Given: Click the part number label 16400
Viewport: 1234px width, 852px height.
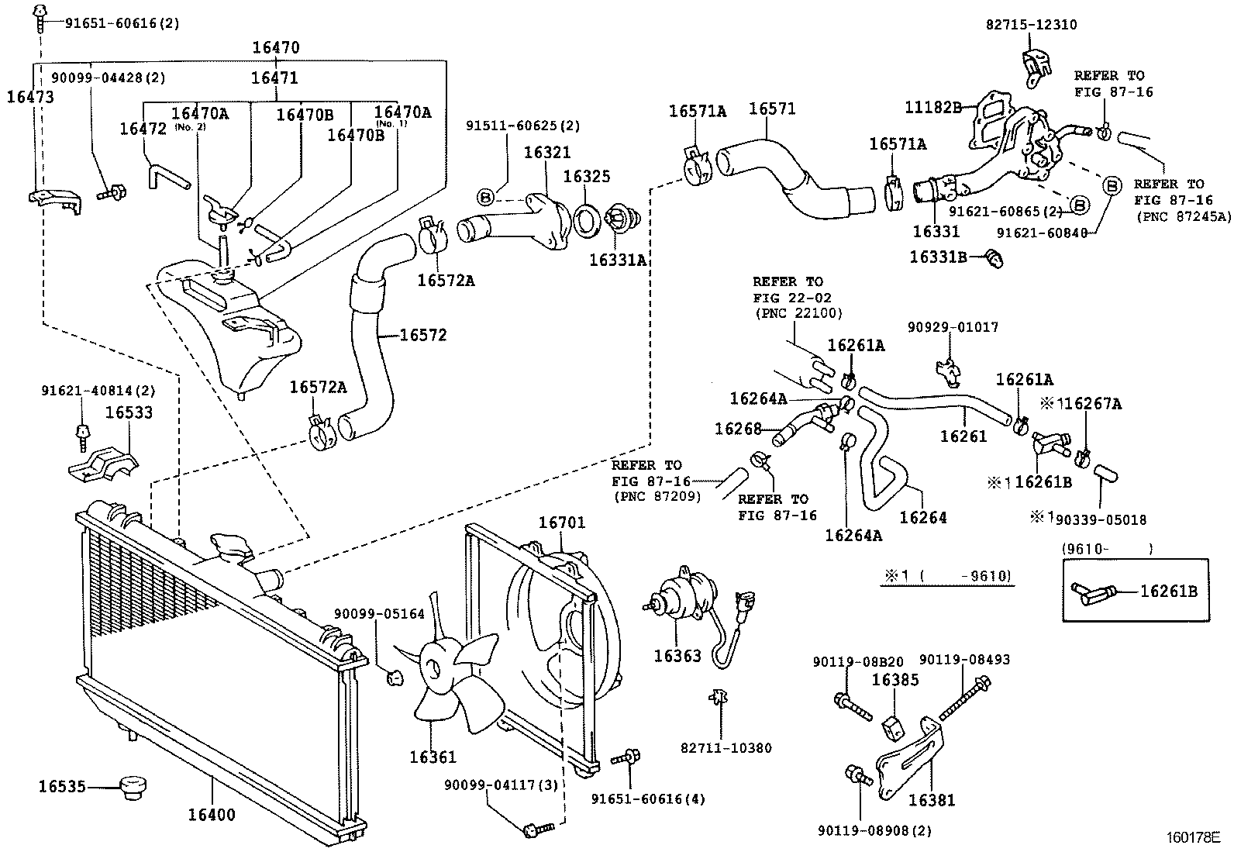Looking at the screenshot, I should click(x=211, y=815).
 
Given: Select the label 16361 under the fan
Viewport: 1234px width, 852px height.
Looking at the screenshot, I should click(x=433, y=757).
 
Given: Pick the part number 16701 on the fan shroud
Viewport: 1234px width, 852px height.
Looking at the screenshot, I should click(x=562, y=523).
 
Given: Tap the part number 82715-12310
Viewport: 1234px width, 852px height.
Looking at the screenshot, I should click(x=1031, y=25).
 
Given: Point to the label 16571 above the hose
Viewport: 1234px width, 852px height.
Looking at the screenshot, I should click(x=772, y=109).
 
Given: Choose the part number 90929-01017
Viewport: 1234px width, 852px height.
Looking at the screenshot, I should click(x=953, y=328).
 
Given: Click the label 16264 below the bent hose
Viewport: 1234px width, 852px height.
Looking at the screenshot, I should click(x=923, y=517).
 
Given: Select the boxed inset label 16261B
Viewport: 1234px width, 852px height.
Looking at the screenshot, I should click(x=1168, y=592).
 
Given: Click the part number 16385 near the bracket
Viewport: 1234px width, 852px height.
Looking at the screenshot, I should click(x=895, y=680).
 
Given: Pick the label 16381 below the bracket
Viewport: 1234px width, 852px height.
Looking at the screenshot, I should click(x=932, y=800).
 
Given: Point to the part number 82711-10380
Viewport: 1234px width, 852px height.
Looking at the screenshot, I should click(x=726, y=748).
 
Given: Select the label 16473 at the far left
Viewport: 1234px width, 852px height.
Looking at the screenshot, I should click(x=30, y=97).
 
